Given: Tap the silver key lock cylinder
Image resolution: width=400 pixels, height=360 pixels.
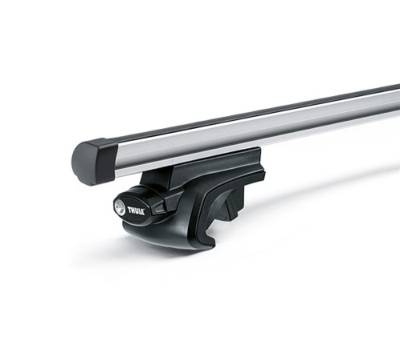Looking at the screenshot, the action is point(119,206).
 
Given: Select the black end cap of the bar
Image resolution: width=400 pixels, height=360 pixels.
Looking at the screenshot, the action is point(94,162).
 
